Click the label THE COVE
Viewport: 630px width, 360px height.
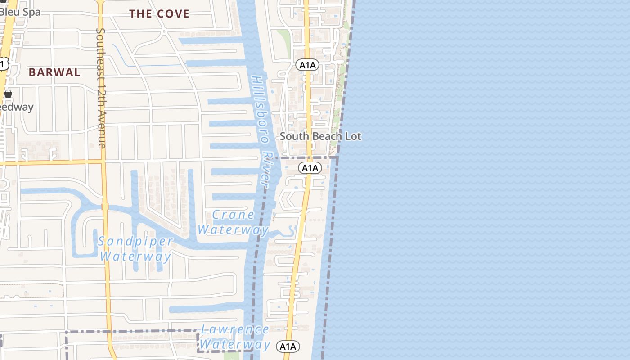[x=159, y=14]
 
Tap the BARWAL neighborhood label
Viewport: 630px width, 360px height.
[x=54, y=72]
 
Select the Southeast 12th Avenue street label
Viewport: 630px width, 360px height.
[x=101, y=88]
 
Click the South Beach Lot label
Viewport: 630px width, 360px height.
[x=320, y=136]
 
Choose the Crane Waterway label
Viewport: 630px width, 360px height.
[x=233, y=222]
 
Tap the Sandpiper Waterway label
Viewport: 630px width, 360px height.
[x=135, y=249]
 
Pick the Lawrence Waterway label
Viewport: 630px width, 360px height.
[x=234, y=337]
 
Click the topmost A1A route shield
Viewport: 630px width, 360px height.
[x=307, y=65]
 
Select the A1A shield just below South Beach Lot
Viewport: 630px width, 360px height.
[x=310, y=168]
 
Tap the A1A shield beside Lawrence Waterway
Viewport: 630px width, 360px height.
[x=288, y=346]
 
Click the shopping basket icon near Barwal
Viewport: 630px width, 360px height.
[x=8, y=94]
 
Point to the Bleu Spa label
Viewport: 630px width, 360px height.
[x=20, y=12]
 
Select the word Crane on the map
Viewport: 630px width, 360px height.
[x=234, y=215]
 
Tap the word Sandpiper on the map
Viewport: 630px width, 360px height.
[x=135, y=242]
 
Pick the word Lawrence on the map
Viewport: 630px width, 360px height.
[x=235, y=330]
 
